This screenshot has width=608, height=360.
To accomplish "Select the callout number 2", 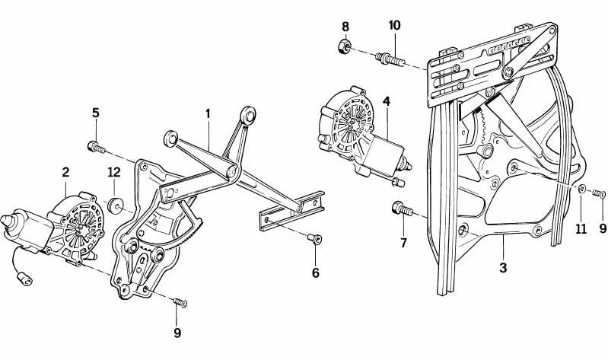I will (x=65, y=173).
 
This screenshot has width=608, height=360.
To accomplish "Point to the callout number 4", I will (x=387, y=101).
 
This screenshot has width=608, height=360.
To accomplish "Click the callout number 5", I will (x=95, y=113).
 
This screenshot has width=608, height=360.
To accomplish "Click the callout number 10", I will (x=394, y=25).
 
